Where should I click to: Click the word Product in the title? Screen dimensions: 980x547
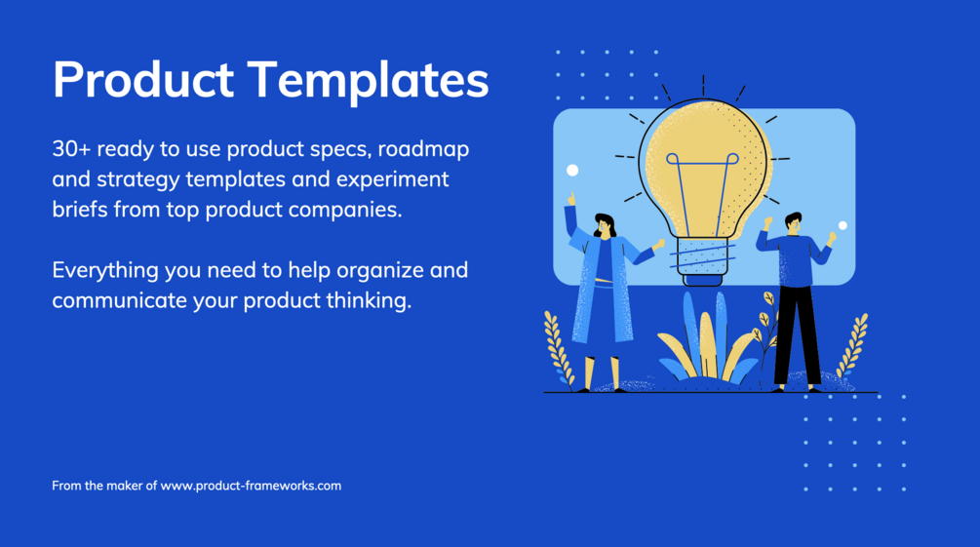click(143, 79)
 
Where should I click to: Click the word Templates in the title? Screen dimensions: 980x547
click(369, 81)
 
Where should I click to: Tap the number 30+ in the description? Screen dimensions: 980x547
click(71, 149)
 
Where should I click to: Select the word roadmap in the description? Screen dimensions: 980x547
click(424, 150)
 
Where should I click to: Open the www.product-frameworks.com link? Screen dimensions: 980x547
click(251, 486)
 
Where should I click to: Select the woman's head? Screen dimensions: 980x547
click(605, 225)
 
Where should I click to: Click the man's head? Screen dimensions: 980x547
click(793, 223)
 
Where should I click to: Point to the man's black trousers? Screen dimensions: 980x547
click(797, 334)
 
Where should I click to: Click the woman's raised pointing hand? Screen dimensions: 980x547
click(570, 200)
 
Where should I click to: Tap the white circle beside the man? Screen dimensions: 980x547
click(843, 225)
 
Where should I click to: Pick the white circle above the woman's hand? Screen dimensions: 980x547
click(571, 170)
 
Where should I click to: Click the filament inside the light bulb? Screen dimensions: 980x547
click(702, 194)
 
